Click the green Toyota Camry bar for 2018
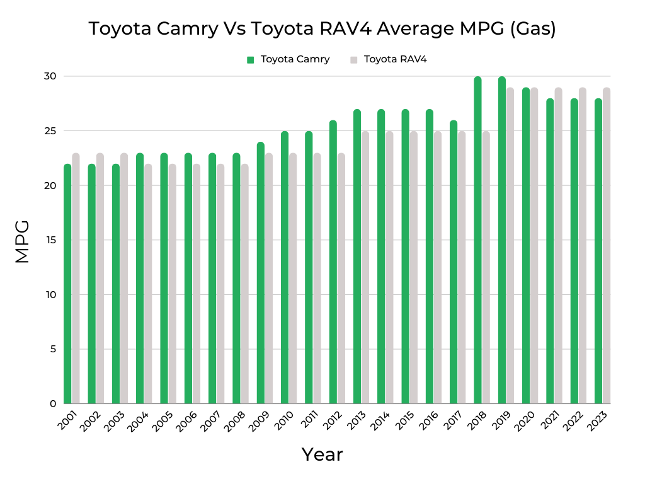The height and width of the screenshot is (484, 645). [x=477, y=239]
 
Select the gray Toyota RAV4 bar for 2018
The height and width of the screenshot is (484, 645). [x=486, y=267]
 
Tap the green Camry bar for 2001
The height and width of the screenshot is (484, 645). [x=67, y=284]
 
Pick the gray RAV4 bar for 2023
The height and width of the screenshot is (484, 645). [x=607, y=246]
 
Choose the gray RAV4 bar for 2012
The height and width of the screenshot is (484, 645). [x=341, y=278]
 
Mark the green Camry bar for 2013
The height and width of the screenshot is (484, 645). [x=357, y=256]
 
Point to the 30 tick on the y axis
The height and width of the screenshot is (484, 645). [x=50, y=76]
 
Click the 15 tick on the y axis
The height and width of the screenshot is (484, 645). [x=50, y=240]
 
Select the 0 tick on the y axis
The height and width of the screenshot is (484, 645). [x=52, y=404]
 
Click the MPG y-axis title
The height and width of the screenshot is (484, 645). [x=22, y=241]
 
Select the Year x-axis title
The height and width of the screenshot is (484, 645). [x=322, y=454]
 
